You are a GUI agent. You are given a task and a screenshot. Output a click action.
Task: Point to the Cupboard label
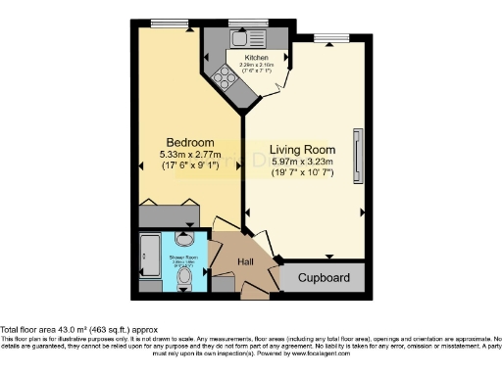(x=323, y=278)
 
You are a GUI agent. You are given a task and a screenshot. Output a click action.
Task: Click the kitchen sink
(x=241, y=40)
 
